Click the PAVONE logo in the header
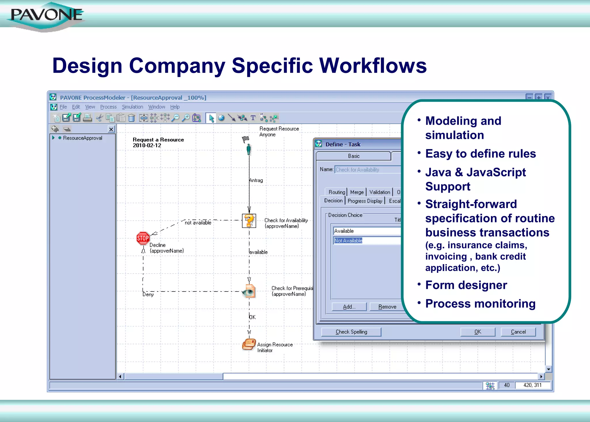(x=46, y=16)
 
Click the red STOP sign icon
(x=143, y=238)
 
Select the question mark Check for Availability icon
(x=249, y=221)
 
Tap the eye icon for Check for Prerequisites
(x=249, y=291)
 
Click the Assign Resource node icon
(x=249, y=344)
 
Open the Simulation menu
(x=132, y=107)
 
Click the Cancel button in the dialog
(x=518, y=332)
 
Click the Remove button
(x=387, y=307)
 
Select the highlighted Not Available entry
(x=348, y=241)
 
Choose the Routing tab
(x=336, y=192)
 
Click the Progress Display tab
(x=365, y=201)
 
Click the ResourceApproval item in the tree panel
(x=82, y=138)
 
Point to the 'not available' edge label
(x=198, y=223)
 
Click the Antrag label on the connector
(x=256, y=180)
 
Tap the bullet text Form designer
(x=466, y=285)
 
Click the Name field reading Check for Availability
(x=367, y=170)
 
